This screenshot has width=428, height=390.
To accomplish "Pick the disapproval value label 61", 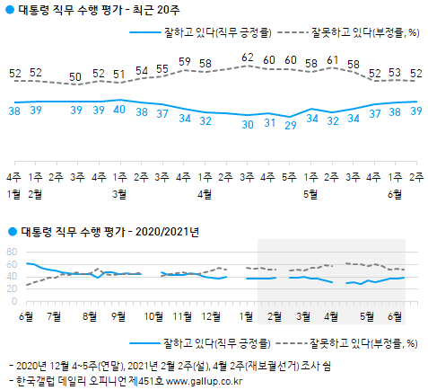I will click(x=332, y=59).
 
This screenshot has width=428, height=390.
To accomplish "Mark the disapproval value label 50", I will click(x=78, y=77).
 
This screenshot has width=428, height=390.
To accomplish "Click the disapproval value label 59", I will click(x=185, y=62).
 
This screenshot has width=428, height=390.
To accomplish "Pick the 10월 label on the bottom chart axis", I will click(x=153, y=316).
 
